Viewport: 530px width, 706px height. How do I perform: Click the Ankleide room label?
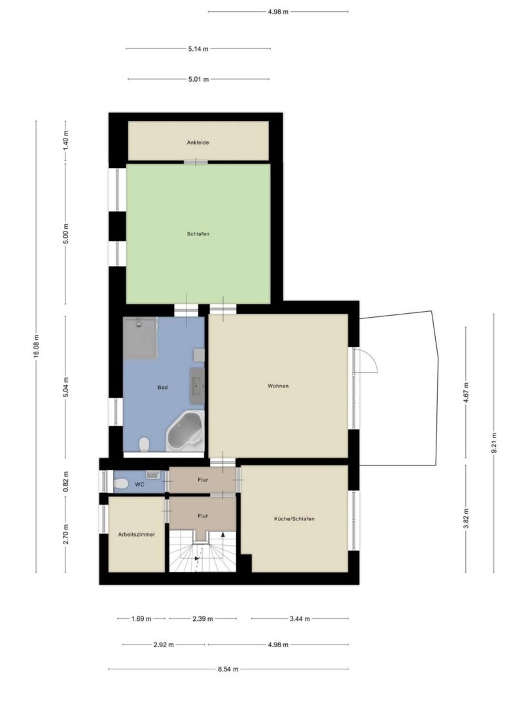pos(198,143)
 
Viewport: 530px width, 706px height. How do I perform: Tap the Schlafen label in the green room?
pos(198,234)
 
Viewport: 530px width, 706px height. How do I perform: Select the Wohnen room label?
pos(278,386)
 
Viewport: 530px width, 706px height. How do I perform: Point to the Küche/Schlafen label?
pos(294,519)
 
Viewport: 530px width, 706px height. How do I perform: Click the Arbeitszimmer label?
pos(137,535)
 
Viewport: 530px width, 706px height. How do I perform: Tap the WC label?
pos(140,485)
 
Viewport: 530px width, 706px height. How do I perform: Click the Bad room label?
pos(163,388)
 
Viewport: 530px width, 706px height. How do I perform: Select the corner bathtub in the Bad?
pos(185,431)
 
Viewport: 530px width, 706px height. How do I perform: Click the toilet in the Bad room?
pos(144,445)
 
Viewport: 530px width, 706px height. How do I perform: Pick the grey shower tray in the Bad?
pos(140,338)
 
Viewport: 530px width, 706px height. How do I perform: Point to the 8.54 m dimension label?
pos(228,669)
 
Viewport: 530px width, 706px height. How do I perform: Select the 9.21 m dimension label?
pos(494,443)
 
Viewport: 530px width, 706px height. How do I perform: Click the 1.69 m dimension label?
pos(141,618)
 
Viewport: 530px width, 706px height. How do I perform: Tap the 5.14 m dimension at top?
pos(198,48)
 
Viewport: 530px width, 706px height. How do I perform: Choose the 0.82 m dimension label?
pos(66,481)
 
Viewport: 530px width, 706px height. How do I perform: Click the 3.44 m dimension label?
pos(300,618)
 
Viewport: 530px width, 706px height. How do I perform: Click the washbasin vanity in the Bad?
pos(198,386)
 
